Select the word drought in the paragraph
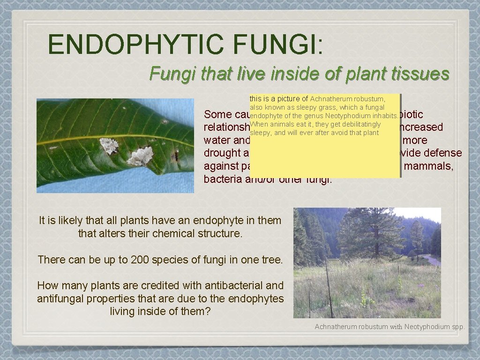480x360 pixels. [222, 153]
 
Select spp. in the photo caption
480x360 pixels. [457, 327]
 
